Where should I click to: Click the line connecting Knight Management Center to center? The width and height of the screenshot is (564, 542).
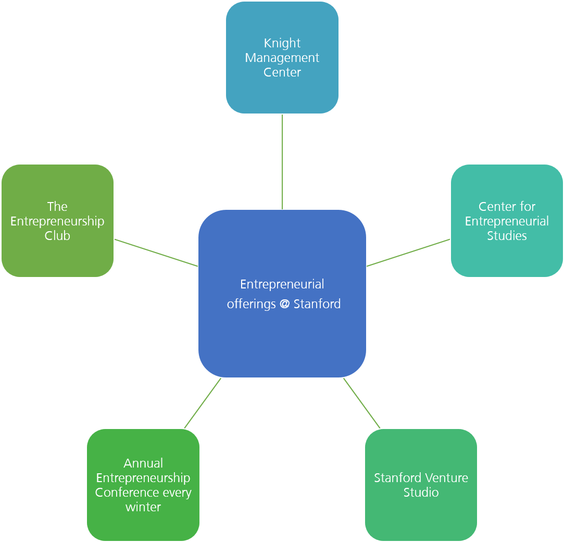click(282, 161)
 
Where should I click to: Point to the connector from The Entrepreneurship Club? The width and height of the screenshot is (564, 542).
click(156, 253)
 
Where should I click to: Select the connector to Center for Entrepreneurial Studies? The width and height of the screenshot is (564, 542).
click(409, 253)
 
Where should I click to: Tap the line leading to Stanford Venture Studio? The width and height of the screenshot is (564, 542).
click(362, 404)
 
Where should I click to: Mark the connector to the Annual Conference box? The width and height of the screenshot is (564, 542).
click(203, 404)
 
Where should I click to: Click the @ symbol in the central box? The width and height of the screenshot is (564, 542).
click(284, 304)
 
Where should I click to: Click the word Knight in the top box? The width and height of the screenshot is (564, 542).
click(282, 43)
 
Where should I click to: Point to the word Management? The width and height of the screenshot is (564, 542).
click(282, 58)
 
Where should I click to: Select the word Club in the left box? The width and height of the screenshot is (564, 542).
click(57, 236)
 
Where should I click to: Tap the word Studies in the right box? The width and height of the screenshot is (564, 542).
click(507, 236)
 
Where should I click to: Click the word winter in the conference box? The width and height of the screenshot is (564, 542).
click(143, 507)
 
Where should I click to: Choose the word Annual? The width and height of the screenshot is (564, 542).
click(143, 463)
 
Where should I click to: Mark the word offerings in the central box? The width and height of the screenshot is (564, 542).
click(251, 304)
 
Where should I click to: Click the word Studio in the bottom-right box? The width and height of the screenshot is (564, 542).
click(421, 493)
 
